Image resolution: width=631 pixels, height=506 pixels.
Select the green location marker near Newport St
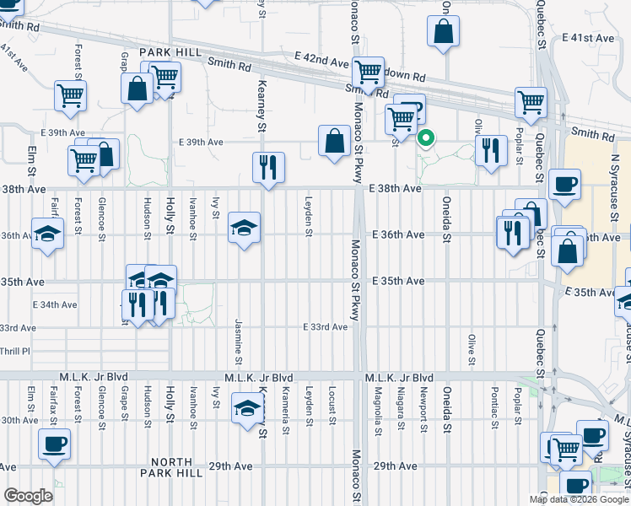coord(427,138)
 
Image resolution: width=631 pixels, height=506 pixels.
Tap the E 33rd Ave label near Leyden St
coord(326,326)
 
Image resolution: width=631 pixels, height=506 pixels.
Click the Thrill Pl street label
coord(14,350)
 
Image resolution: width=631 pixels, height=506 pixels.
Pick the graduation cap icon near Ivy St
coord(245,227)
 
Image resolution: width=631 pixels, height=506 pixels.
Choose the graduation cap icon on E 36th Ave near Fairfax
coord(48,233)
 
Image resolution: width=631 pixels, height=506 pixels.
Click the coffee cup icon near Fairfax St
coord(55,443)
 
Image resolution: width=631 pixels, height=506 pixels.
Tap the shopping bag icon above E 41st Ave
coord(444,31)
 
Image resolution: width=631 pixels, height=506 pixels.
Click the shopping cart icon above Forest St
coord(71,95)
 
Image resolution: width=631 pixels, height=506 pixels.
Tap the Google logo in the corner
coord(28,496)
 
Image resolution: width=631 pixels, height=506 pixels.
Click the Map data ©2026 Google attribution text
coord(578,499)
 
